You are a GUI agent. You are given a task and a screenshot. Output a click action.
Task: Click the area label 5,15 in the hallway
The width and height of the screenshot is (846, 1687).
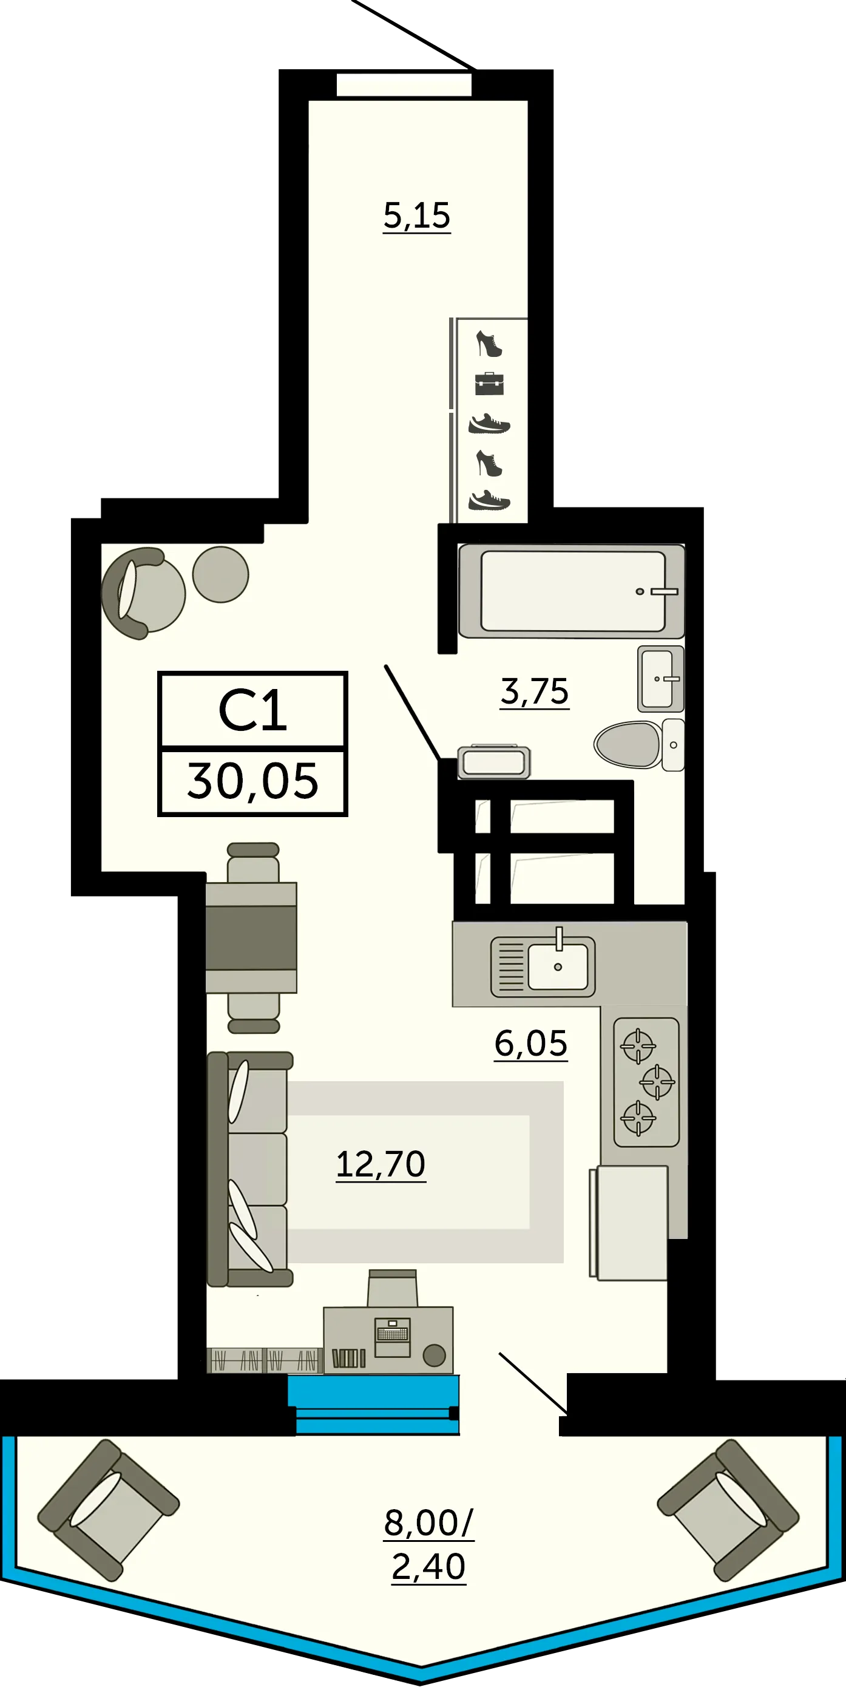[x=417, y=216]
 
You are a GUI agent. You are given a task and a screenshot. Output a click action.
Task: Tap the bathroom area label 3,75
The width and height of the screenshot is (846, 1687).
[x=534, y=692]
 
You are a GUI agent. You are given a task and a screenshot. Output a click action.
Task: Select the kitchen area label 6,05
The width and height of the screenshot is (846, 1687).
[x=530, y=1044]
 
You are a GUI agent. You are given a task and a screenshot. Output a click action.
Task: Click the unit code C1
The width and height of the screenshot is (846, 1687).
[x=252, y=711]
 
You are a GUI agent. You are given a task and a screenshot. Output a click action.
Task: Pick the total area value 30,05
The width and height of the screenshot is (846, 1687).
[x=252, y=782]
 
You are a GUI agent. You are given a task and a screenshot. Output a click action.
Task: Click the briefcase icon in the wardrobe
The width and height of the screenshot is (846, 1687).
[x=490, y=384]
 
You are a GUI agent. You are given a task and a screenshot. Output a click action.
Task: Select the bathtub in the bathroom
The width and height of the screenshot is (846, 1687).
[x=572, y=591]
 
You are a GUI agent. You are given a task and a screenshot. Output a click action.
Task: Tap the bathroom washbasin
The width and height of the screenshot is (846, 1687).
[x=661, y=679]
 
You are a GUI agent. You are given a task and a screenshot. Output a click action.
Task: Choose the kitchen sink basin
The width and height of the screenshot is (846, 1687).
[x=558, y=966]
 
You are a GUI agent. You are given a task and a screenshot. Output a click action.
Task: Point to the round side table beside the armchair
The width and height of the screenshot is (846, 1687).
[x=221, y=574]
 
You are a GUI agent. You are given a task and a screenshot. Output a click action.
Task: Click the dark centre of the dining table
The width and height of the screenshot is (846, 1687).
[x=251, y=938]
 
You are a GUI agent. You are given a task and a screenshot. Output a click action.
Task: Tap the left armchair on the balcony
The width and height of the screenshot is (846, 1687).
[x=108, y=1510]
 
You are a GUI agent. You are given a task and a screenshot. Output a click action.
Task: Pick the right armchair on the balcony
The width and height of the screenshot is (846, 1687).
[x=728, y=1510]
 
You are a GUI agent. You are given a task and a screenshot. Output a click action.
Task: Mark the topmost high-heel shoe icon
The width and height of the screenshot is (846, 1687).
[x=489, y=344]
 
